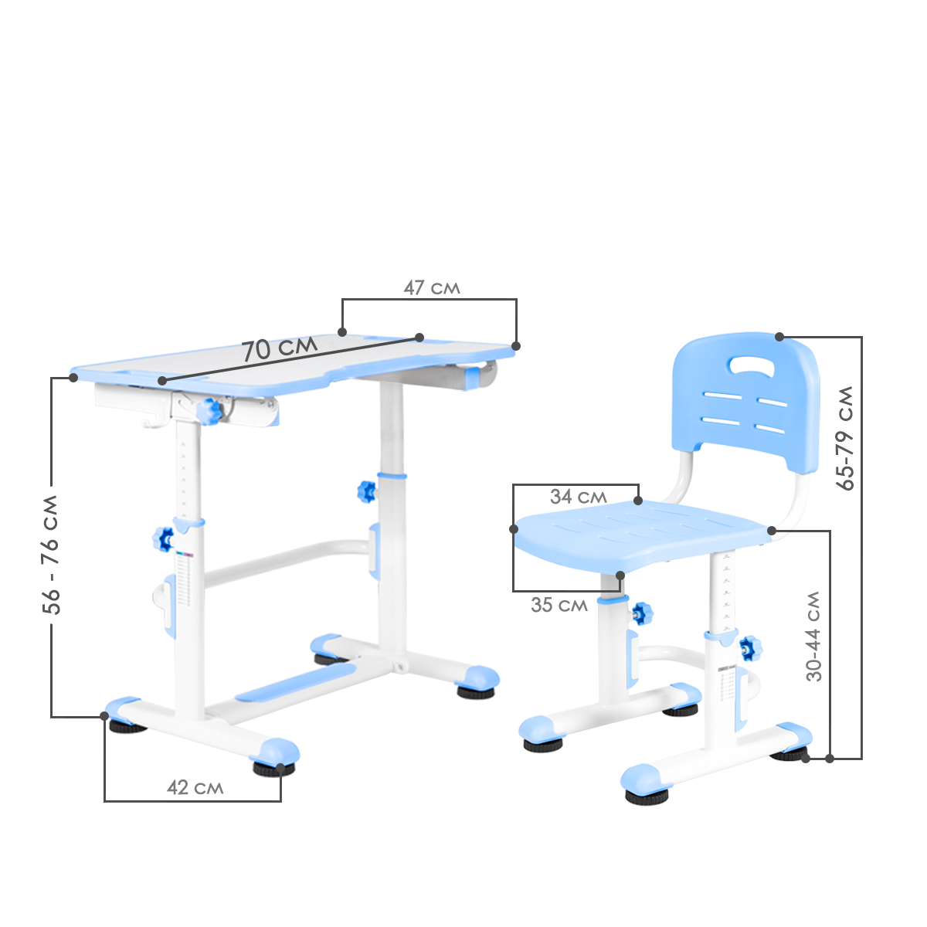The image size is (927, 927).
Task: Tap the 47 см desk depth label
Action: [432, 287]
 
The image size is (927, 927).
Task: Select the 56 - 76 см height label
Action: [50, 554]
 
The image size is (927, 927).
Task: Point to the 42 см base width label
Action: [195, 787]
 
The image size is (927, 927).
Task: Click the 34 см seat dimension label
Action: [579, 497]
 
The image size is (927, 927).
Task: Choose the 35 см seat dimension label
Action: [559, 605]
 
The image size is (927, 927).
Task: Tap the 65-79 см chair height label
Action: [845, 438]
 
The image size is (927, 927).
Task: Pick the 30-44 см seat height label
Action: [813, 636]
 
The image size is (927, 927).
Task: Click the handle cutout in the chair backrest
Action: [752, 365]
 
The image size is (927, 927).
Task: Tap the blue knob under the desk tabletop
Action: [209, 411]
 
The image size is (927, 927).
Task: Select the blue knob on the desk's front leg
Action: [163, 539]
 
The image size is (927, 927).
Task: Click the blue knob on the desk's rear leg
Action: [367, 491]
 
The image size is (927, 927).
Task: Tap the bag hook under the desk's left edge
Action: [155, 418]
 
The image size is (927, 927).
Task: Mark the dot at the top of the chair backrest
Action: [779, 337]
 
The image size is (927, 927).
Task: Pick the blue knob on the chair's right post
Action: [749, 648]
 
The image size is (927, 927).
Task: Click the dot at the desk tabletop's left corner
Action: [73, 378]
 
